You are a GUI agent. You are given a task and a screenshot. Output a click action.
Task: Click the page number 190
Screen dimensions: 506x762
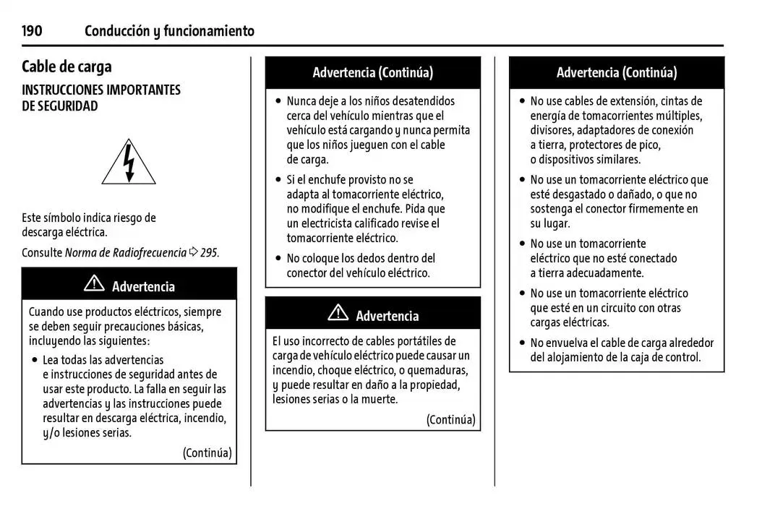[x=32, y=31]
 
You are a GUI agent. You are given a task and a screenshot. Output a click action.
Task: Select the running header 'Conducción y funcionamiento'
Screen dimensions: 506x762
[x=169, y=31]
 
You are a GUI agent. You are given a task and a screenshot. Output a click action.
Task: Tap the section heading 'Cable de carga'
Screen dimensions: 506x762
[x=67, y=67]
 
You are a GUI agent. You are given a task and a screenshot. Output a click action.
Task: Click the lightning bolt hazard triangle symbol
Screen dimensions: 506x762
[x=129, y=163]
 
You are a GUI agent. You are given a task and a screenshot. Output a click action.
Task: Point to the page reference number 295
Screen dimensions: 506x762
[x=209, y=253]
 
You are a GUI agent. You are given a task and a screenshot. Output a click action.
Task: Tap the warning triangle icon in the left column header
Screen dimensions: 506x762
[x=94, y=285]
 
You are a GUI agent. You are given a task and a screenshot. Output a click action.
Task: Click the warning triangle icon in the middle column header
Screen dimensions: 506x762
[x=338, y=314]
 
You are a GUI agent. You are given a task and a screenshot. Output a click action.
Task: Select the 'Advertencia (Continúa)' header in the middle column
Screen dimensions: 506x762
[x=372, y=72]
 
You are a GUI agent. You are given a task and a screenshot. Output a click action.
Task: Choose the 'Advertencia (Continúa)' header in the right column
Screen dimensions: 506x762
[x=616, y=72]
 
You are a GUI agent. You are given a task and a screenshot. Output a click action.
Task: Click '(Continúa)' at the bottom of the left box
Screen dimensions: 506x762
[x=207, y=453]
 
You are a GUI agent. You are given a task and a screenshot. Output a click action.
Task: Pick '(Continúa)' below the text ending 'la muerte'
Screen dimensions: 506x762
[x=450, y=420]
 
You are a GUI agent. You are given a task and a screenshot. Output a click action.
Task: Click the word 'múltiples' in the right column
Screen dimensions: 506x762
[x=679, y=116]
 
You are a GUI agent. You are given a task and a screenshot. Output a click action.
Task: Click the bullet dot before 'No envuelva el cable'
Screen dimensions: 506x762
[x=522, y=343]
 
